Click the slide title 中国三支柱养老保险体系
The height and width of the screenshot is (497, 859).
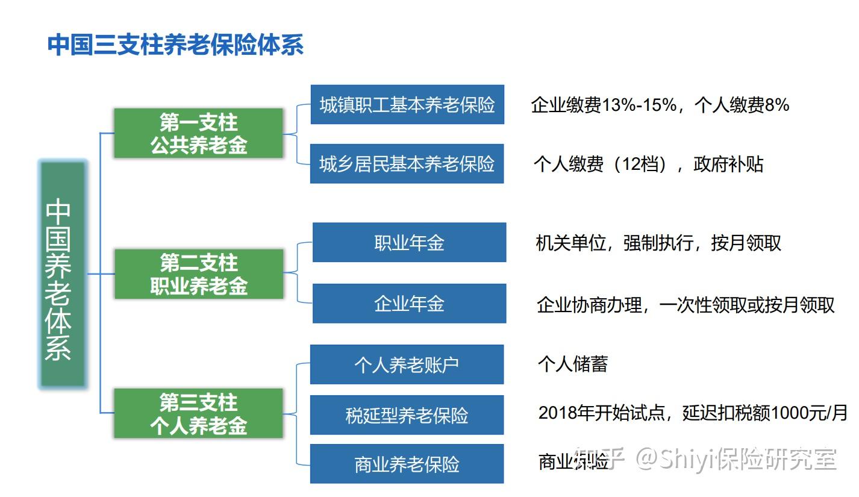click(175, 45)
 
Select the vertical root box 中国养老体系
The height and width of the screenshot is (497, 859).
click(62, 274)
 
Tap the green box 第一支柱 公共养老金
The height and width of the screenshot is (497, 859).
click(199, 134)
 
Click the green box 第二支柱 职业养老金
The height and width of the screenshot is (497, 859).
click(199, 274)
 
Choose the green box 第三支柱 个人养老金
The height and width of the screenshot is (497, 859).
click(199, 413)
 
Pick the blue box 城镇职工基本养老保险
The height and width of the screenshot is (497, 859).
click(407, 105)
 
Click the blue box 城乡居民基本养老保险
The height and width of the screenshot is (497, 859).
click(407, 163)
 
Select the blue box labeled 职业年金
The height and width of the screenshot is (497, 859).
click(409, 242)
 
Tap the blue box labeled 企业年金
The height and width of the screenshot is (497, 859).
click(409, 303)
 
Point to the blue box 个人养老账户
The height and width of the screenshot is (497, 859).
click(407, 364)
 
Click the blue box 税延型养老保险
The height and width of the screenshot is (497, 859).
click(407, 415)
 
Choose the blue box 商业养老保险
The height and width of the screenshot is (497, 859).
click(407, 464)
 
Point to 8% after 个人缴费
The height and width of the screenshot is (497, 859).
click(776, 105)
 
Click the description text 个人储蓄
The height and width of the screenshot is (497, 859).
click(573, 364)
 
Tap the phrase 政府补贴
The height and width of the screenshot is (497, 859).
click(728, 164)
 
